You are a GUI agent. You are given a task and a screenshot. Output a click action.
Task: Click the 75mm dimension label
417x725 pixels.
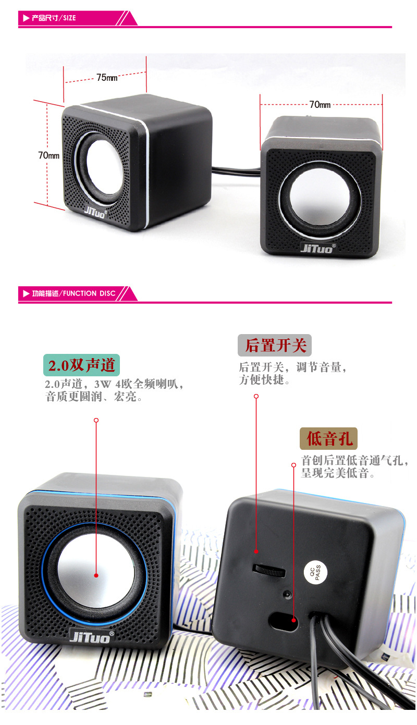pos(107,78)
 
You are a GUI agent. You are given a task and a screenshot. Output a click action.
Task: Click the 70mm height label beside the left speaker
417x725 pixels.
pos(48,155)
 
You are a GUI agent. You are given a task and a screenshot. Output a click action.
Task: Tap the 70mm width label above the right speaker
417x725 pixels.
pos(320,105)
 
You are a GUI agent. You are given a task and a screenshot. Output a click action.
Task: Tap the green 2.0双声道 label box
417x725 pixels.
pos(81,365)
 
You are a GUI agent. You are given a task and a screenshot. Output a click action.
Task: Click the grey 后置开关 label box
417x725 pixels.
pos(275,345)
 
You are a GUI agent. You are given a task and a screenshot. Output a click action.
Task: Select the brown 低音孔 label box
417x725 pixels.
pos(329,439)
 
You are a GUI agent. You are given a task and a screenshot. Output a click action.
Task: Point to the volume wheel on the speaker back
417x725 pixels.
pos(269,569)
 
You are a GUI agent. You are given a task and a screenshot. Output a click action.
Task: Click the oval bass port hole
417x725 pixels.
pos(283,620)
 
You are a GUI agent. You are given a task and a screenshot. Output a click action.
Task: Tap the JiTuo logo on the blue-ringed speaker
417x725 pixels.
pos(90,636)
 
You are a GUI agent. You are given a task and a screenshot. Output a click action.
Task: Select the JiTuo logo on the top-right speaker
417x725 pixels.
pos(318,247)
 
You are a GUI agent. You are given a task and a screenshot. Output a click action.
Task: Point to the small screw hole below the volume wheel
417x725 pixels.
pos(286,594)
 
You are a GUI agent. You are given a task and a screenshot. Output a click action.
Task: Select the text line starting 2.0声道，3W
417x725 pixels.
pos(114,385)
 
